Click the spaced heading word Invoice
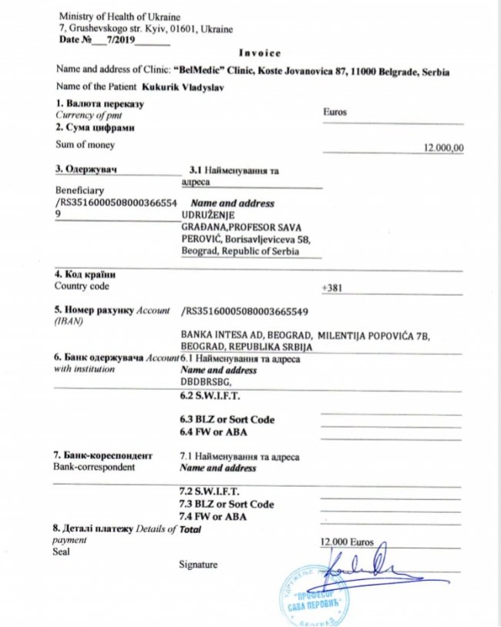[259, 53]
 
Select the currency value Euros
[337, 112]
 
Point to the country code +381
[331, 287]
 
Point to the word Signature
[198, 565]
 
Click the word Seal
[61, 552]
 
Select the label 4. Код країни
[86, 275]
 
